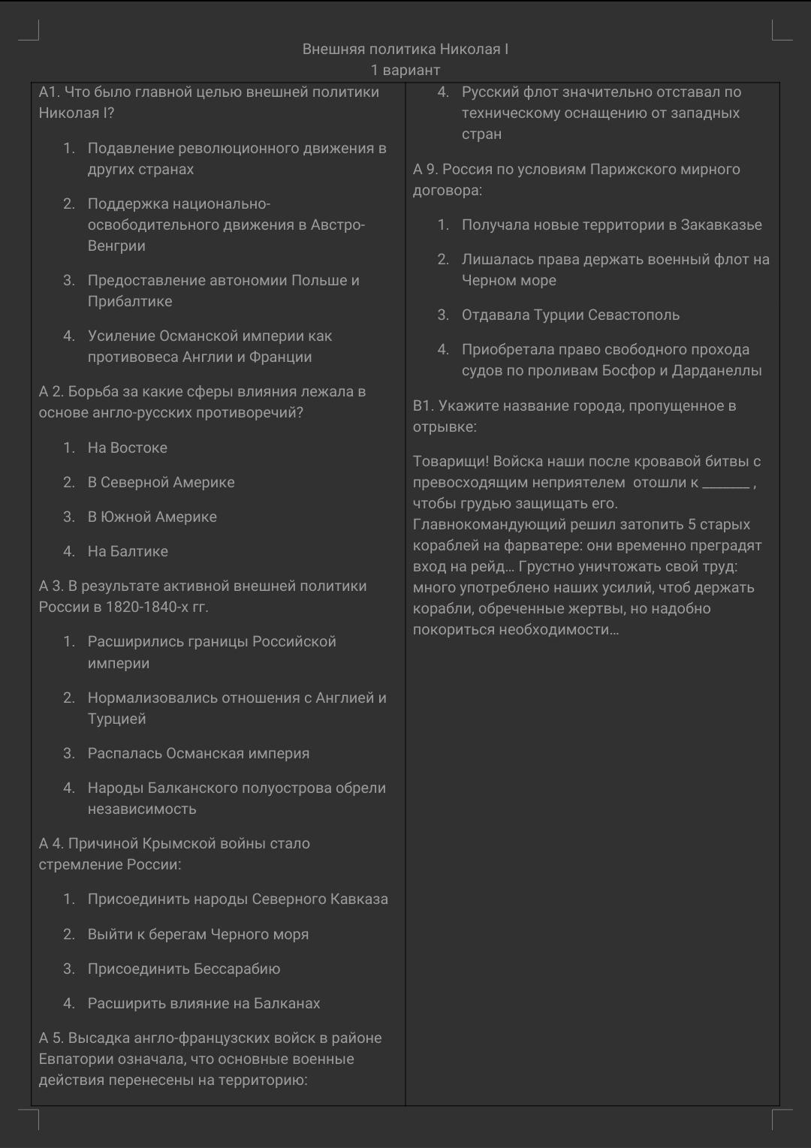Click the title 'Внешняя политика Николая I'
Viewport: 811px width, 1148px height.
point(405,50)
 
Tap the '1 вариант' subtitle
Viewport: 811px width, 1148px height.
point(405,71)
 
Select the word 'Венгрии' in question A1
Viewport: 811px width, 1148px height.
point(116,246)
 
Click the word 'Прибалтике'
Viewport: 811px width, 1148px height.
point(130,302)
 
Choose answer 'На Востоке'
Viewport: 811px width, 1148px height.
point(128,448)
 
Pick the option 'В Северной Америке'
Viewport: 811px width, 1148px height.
point(161,483)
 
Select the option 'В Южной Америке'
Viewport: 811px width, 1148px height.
point(152,517)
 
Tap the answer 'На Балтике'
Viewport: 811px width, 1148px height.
point(128,552)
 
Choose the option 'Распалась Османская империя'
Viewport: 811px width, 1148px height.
point(198,754)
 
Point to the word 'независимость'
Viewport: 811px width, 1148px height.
point(142,809)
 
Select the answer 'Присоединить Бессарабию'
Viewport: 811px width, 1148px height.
point(184,969)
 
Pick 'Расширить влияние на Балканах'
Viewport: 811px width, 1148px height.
point(204,1004)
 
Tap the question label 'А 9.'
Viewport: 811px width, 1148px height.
point(426,170)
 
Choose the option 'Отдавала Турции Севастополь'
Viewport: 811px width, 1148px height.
point(571,315)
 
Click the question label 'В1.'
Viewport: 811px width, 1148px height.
point(423,406)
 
